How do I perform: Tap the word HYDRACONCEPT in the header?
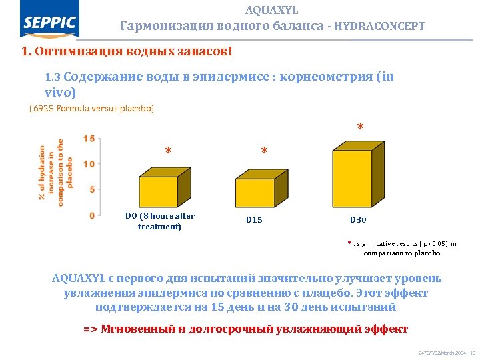pyautogui.click(x=379, y=27)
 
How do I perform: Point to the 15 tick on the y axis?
pyautogui.click(x=88, y=139)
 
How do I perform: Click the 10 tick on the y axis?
pyautogui.click(x=88, y=163)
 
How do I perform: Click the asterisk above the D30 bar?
pyautogui.click(x=360, y=127)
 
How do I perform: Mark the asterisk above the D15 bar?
pyautogui.click(x=264, y=152)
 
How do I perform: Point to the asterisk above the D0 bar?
pyautogui.click(x=168, y=151)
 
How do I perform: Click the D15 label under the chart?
pyautogui.click(x=254, y=220)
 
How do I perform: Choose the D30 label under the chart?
pyautogui.click(x=358, y=220)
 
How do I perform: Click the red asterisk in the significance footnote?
pyautogui.click(x=350, y=243)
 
